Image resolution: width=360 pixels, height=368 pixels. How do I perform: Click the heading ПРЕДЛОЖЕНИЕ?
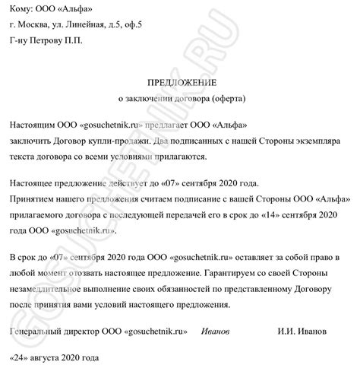click(x=179, y=81)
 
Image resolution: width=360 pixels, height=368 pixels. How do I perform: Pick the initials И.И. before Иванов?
click(x=291, y=332)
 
